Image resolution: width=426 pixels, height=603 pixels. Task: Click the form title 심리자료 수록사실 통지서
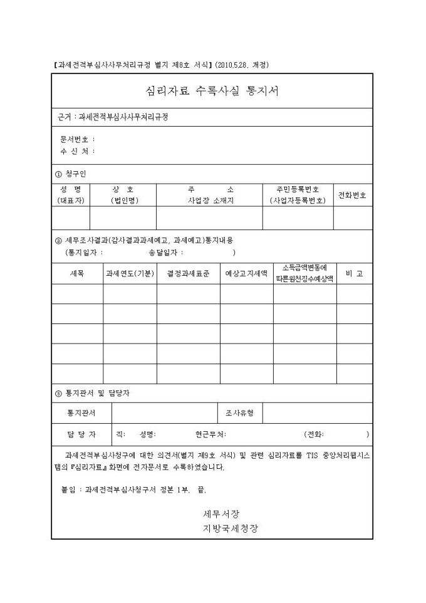click(x=212, y=91)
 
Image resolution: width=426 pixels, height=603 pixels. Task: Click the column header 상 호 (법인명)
click(x=123, y=195)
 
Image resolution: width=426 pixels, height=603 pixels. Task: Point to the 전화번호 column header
click(x=352, y=195)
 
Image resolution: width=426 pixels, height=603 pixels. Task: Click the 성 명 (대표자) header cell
click(x=71, y=195)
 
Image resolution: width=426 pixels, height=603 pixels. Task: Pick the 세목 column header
click(x=77, y=274)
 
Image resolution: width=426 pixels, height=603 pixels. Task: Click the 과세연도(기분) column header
click(x=130, y=274)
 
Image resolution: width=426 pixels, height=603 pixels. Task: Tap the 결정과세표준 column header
click(x=188, y=274)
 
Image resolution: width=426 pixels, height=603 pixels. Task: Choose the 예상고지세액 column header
click(x=246, y=274)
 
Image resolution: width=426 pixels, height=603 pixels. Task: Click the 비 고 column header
click(x=354, y=274)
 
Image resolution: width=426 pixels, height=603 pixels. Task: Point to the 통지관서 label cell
click(x=81, y=413)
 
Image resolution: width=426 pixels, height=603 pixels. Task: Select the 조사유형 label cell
click(x=239, y=413)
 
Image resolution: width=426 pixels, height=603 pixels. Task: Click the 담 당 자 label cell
click(x=81, y=434)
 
